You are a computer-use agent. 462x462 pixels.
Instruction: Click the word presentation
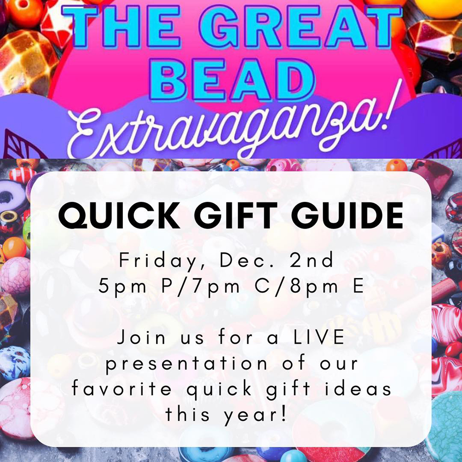(186, 363)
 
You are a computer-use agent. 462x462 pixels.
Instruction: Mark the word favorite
(122, 389)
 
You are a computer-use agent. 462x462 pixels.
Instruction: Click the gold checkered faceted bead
(27, 63)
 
